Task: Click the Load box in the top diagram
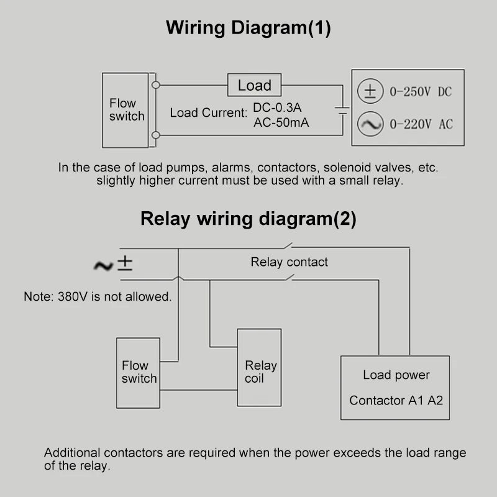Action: [x=255, y=86]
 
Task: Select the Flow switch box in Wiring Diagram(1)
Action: [x=125, y=110]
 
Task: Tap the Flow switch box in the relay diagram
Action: [x=139, y=372]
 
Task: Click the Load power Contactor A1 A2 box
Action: [x=396, y=388]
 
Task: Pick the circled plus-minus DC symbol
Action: [x=370, y=92]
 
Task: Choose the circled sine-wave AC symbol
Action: [x=370, y=124]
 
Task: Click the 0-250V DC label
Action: [x=420, y=93]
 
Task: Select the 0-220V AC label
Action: [x=421, y=125]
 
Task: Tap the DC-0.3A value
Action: [x=277, y=107]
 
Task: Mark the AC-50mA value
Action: [x=281, y=122]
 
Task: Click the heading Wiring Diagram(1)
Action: [x=248, y=28]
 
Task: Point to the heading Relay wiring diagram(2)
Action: [x=248, y=219]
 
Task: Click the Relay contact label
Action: [x=289, y=262]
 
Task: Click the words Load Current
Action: [x=208, y=113]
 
